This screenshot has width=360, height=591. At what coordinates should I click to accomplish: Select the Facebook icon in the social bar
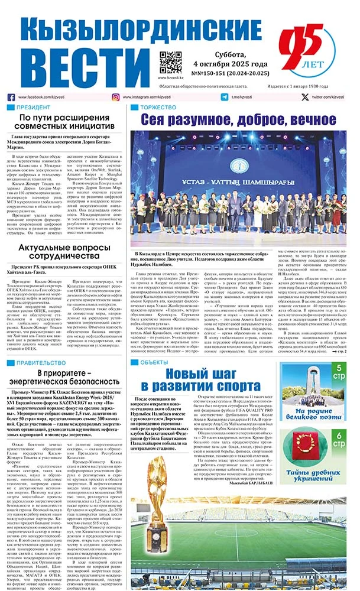(11, 97)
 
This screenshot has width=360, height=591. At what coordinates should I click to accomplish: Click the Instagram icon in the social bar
(116, 97)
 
